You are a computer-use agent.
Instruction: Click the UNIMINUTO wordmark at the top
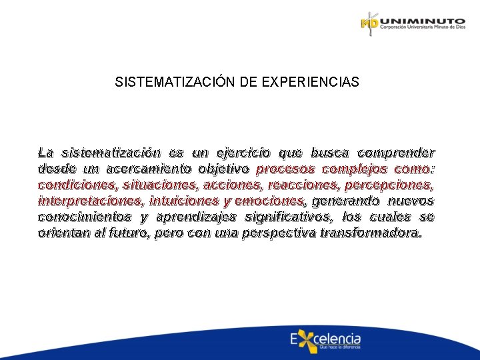pos(422,21)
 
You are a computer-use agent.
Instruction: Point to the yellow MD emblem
pos(369,24)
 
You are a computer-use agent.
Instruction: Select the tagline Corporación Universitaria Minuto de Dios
pos(422,30)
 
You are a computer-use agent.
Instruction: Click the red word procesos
pos(283,169)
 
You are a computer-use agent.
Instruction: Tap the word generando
pos(343,201)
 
